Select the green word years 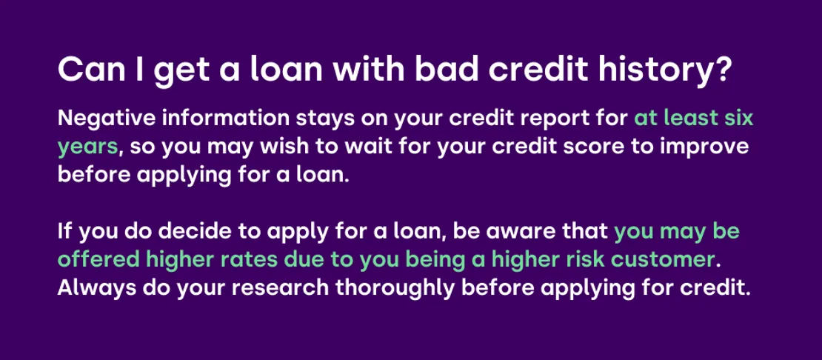pyautogui.click(x=87, y=148)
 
